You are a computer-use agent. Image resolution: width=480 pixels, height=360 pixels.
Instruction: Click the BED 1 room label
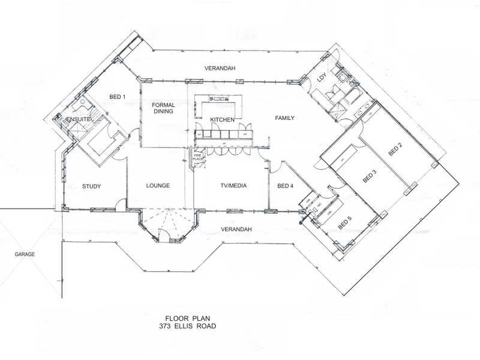[117, 97]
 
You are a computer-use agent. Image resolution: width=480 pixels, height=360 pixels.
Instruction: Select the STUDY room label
[91, 187]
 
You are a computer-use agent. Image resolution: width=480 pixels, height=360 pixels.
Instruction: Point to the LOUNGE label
[158, 186]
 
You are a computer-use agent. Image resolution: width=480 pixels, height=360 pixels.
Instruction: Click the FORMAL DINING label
[163, 108]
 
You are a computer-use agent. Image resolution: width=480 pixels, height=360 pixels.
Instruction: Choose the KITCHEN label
[222, 120]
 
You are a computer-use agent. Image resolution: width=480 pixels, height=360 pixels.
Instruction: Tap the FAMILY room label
[284, 118]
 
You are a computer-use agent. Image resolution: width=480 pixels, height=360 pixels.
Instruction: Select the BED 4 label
[286, 186]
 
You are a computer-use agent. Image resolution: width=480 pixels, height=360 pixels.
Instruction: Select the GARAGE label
[25, 254]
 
